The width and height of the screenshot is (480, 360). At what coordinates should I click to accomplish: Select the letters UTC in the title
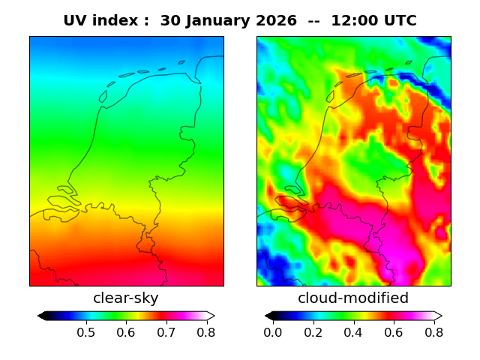click(x=400, y=21)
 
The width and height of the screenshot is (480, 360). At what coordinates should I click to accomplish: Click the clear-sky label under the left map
click(x=126, y=298)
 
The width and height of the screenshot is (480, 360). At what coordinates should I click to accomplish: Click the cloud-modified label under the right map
click(x=353, y=298)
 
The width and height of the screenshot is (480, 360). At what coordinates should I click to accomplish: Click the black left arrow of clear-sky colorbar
click(x=42, y=316)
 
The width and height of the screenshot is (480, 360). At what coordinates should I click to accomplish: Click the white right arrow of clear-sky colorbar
click(x=211, y=316)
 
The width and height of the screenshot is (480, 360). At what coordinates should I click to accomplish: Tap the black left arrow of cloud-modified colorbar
click(x=268, y=316)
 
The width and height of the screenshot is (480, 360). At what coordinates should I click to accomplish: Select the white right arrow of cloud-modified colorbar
click(x=438, y=316)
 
